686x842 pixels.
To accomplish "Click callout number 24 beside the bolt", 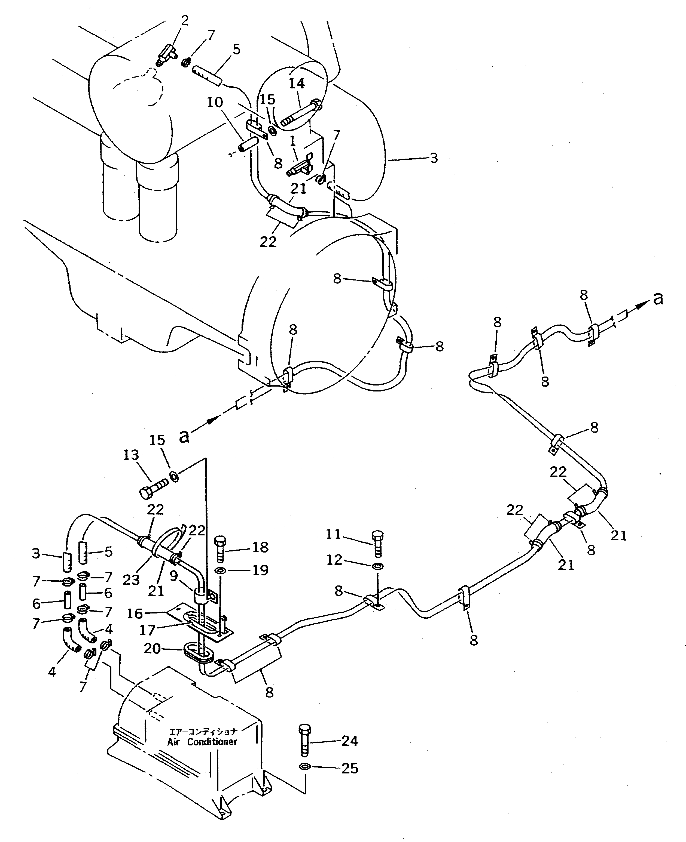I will click(x=349, y=741).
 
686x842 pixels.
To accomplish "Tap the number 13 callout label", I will click(x=131, y=455).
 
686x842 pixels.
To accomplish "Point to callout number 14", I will click(x=297, y=83).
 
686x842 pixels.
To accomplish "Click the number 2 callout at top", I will click(x=185, y=20).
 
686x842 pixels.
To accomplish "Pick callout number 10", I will click(x=215, y=102).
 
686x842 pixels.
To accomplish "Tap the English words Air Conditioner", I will click(x=202, y=741).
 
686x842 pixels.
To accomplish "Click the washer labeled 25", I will click(x=304, y=767).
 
